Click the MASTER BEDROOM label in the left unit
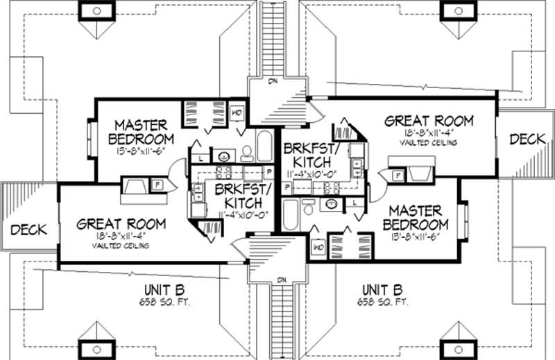click(x=141, y=132)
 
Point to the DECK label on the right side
click(x=527, y=139)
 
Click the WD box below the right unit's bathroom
click(x=320, y=246)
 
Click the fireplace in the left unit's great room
click(x=133, y=185)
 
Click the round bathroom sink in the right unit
click(x=332, y=205)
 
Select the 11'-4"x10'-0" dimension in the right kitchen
click(x=305, y=174)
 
